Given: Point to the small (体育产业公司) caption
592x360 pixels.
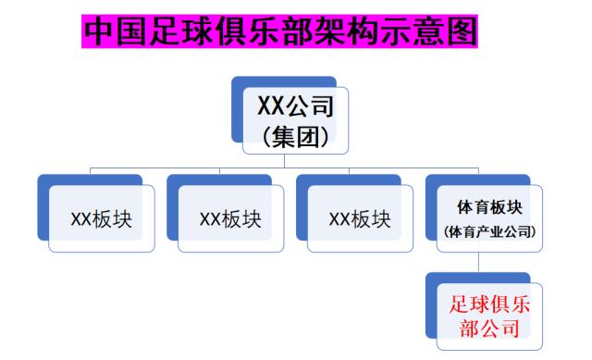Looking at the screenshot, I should coord(489,230).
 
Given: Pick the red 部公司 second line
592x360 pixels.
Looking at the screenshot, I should coord(489,329).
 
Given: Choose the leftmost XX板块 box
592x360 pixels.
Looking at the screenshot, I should coord(102,219).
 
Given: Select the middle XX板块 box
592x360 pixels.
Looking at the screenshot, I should coord(230,219).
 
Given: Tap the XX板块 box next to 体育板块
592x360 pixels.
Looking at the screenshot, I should coord(360,219).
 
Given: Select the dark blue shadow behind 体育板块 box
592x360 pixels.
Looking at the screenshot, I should coord(431,204).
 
